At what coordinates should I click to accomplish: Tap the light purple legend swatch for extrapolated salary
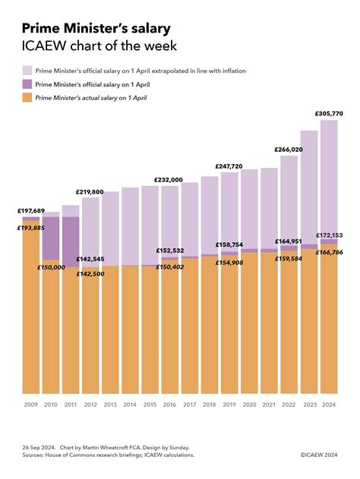pyautogui.click(x=28, y=71)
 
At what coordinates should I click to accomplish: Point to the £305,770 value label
pyautogui.click(x=329, y=113)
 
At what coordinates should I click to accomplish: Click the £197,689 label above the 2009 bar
pyautogui.click(x=31, y=211)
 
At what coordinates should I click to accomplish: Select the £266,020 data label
pyautogui.click(x=289, y=150)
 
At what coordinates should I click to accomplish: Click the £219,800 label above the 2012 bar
pyautogui.click(x=90, y=192)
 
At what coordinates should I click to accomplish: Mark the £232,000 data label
pyautogui.click(x=168, y=180)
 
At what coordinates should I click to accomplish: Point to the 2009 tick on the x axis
pyautogui.click(x=31, y=405)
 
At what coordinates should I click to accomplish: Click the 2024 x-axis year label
pyautogui.click(x=329, y=405)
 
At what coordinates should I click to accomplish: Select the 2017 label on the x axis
pyautogui.click(x=190, y=405)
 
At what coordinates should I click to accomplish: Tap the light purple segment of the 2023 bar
pyautogui.click(x=308, y=186)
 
